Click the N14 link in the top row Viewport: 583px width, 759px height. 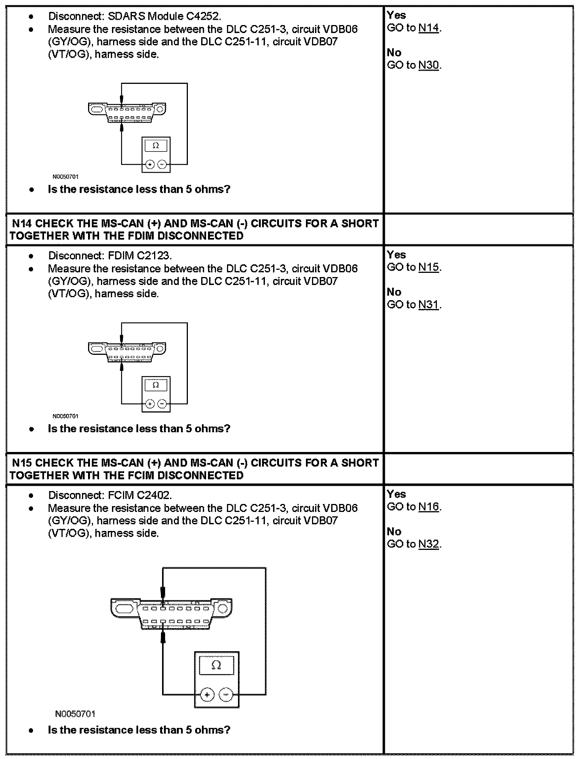pos(429,28)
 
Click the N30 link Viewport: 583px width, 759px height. pos(429,65)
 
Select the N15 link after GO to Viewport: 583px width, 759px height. pos(429,268)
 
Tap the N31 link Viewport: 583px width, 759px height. pos(429,305)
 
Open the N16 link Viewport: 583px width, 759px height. pos(429,507)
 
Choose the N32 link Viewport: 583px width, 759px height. pos(429,544)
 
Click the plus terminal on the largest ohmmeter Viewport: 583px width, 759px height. pos(207,695)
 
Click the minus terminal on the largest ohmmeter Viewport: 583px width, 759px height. pos(226,695)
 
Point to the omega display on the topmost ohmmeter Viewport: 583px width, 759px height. pos(156,145)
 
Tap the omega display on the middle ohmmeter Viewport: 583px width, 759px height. pos(156,385)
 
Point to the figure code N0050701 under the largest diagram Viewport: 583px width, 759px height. pos(75,714)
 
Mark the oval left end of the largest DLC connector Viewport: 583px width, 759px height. pos(125,609)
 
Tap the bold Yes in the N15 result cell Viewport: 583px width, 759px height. pos(396,494)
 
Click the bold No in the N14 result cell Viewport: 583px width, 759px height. pos(394,292)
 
